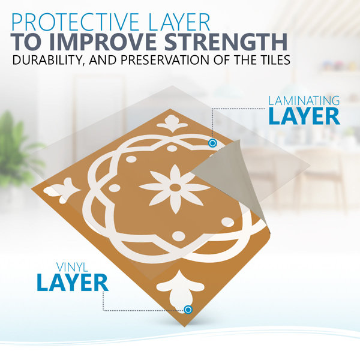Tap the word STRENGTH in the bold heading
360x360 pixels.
coord(226,42)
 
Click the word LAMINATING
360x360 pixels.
coord(304,101)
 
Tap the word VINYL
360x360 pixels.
coord(73,267)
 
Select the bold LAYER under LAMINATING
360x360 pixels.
coord(304,116)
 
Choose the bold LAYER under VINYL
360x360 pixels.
coord(73,283)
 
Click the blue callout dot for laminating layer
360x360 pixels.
coord(212,143)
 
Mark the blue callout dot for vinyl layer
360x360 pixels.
coord(188,310)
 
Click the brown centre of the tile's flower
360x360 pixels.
coord(175,187)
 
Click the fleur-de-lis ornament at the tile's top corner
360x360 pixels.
coord(172,124)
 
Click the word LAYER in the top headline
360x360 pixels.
coord(179,22)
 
